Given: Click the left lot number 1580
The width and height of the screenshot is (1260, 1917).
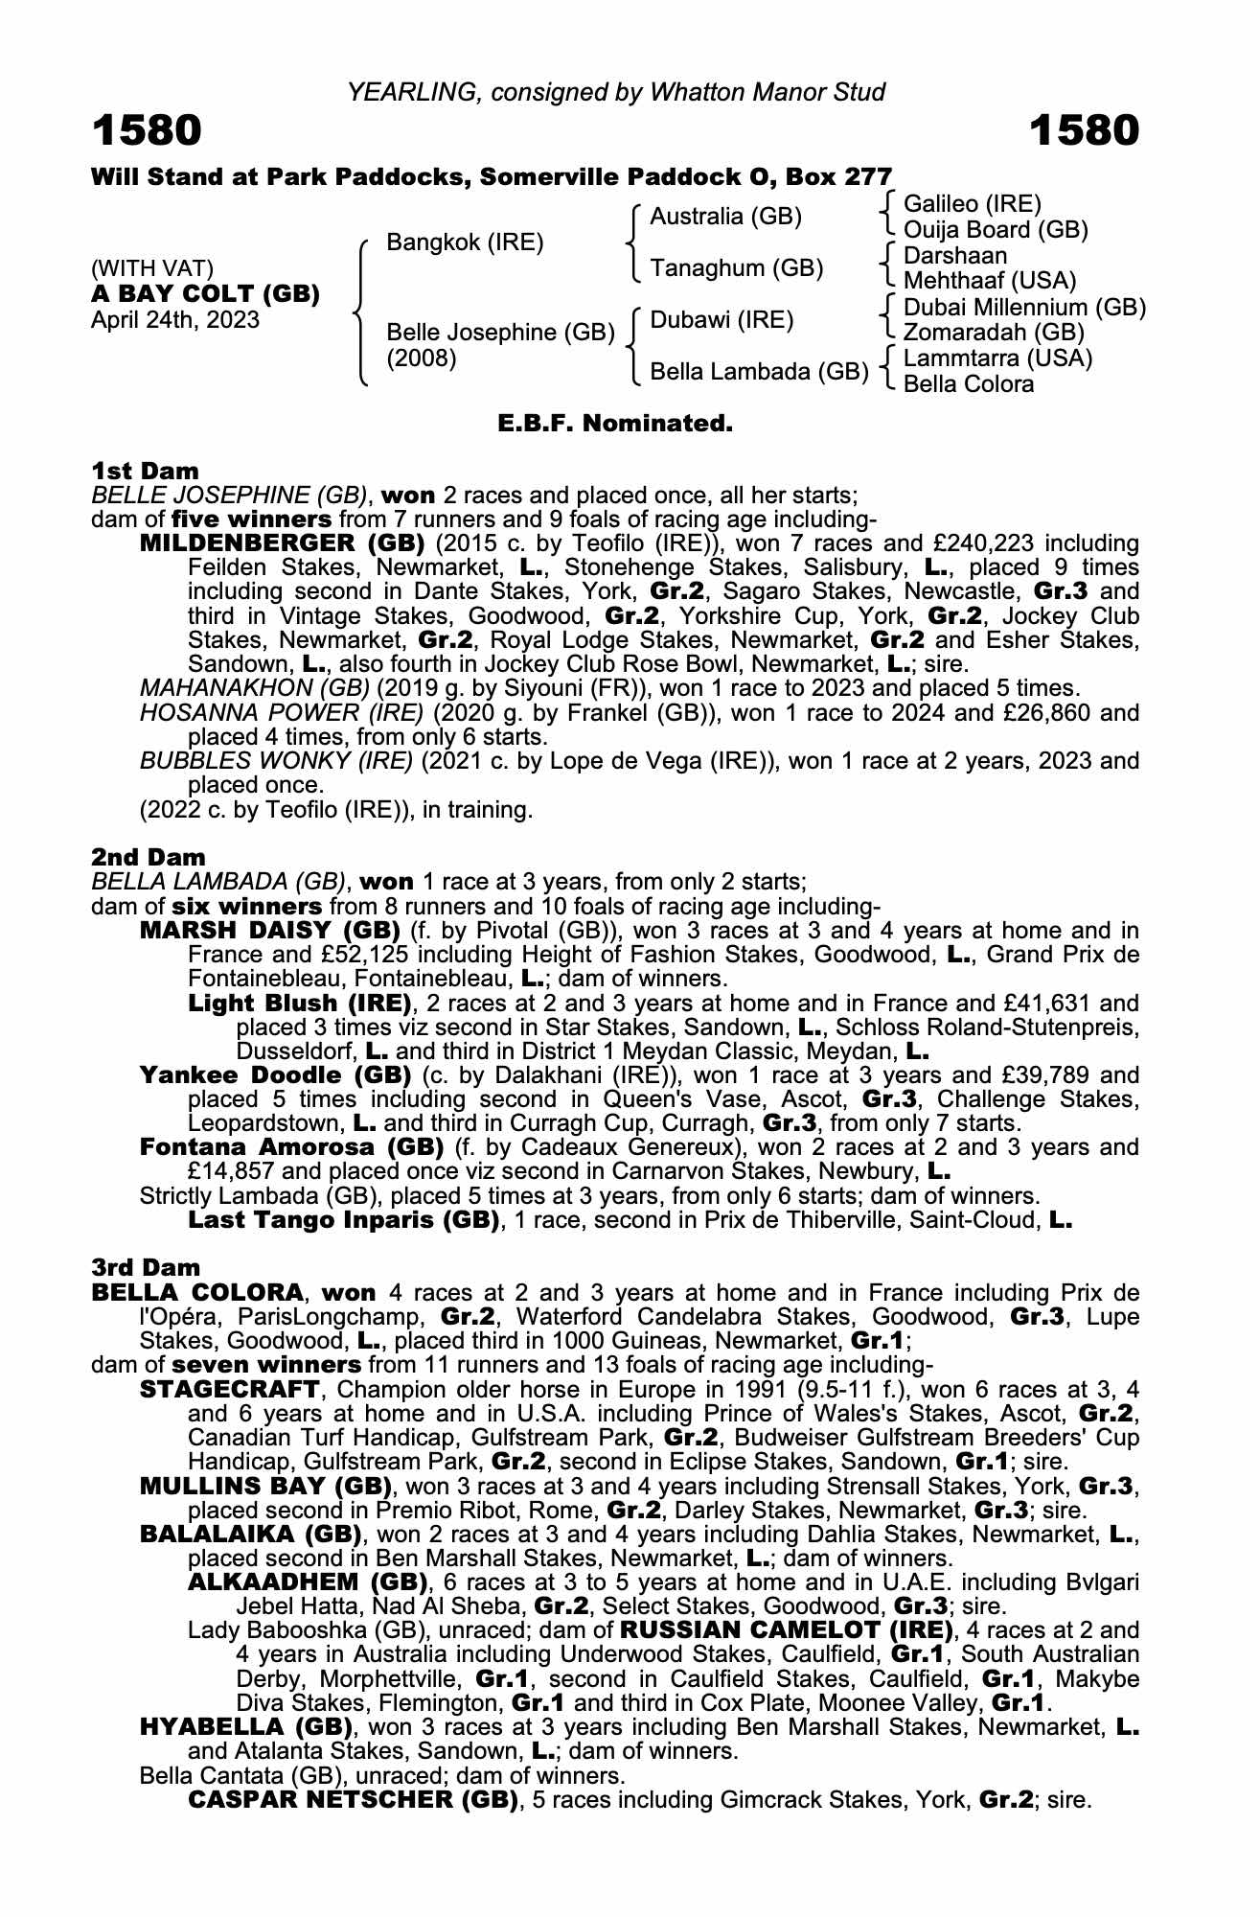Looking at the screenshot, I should [x=147, y=130].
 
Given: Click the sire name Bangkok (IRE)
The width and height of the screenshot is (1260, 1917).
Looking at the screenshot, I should [x=464, y=243].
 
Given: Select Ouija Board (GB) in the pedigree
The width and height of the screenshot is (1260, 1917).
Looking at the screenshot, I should [x=996, y=230].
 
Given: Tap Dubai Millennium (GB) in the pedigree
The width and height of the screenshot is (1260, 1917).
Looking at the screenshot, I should [x=1024, y=308].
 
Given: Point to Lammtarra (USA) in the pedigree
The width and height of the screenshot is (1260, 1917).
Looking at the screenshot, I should [x=997, y=358].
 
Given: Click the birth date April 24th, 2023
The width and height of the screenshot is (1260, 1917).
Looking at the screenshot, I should [x=174, y=319].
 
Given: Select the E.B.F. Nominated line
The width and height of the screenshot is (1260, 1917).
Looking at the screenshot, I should [x=615, y=423].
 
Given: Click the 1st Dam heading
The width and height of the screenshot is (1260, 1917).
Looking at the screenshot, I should [x=145, y=471].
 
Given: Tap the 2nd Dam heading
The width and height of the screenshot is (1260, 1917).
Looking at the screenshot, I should [x=148, y=857].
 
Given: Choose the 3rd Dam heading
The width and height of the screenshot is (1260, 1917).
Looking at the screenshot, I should [x=147, y=1268].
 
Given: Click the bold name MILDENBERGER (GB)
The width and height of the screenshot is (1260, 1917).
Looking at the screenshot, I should [x=283, y=543].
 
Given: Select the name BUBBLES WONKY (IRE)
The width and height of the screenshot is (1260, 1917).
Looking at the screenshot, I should [x=276, y=761].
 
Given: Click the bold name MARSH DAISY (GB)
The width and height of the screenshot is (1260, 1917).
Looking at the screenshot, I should [x=270, y=930].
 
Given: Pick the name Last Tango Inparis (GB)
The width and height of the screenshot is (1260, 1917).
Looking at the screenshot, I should [x=345, y=1220].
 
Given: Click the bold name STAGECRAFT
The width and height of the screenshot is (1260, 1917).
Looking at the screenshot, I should [x=230, y=1389].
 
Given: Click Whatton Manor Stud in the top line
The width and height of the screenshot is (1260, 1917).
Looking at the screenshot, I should [x=767, y=92].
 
